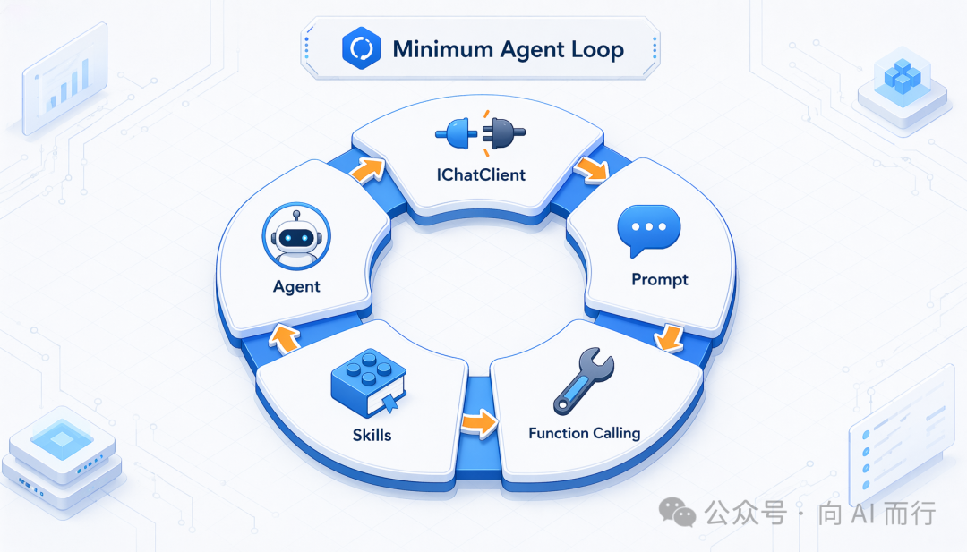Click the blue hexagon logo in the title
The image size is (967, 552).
pos(361,48)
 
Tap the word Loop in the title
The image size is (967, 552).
pos(596,50)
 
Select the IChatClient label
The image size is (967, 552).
pos(481,175)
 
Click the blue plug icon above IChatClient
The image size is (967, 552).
pos(457,133)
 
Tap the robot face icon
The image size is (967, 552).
pos(296,236)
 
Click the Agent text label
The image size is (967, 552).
pos(296,286)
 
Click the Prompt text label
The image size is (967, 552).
pos(660,280)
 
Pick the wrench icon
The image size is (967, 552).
pos(584,380)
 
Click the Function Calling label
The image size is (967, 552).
pos(584,433)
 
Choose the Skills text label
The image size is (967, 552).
pos(372,435)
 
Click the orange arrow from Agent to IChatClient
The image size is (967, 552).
pos(368,169)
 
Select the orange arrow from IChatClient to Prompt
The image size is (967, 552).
pos(592,169)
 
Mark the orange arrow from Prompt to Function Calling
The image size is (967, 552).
pos(668,338)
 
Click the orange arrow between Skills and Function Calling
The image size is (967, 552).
pos(479,423)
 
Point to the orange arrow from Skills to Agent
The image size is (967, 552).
pos(284,338)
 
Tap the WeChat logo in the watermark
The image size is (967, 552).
pos(677,512)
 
